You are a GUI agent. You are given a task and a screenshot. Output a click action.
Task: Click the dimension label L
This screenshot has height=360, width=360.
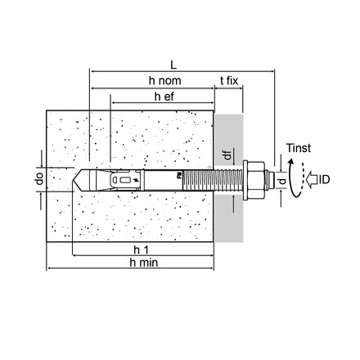click(x=173, y=65)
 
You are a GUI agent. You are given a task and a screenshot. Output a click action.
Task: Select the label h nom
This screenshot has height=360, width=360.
click(x=164, y=81)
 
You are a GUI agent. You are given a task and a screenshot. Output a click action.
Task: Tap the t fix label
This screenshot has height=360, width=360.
click(x=229, y=81)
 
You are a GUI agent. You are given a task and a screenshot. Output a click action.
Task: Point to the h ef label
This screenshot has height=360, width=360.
click(x=164, y=97)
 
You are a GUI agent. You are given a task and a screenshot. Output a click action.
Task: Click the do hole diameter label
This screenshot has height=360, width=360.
click(x=40, y=178)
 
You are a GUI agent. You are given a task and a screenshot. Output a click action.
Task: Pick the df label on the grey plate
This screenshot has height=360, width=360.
click(x=227, y=155)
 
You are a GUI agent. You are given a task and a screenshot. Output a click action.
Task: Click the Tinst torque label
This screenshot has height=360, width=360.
click(x=299, y=148)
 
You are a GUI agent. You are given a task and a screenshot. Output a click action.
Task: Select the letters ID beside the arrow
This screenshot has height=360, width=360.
click(x=324, y=179)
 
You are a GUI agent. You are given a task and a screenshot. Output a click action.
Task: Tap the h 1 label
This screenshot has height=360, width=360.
click(x=142, y=250)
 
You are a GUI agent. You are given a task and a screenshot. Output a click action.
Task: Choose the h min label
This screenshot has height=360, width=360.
click(x=144, y=263)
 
